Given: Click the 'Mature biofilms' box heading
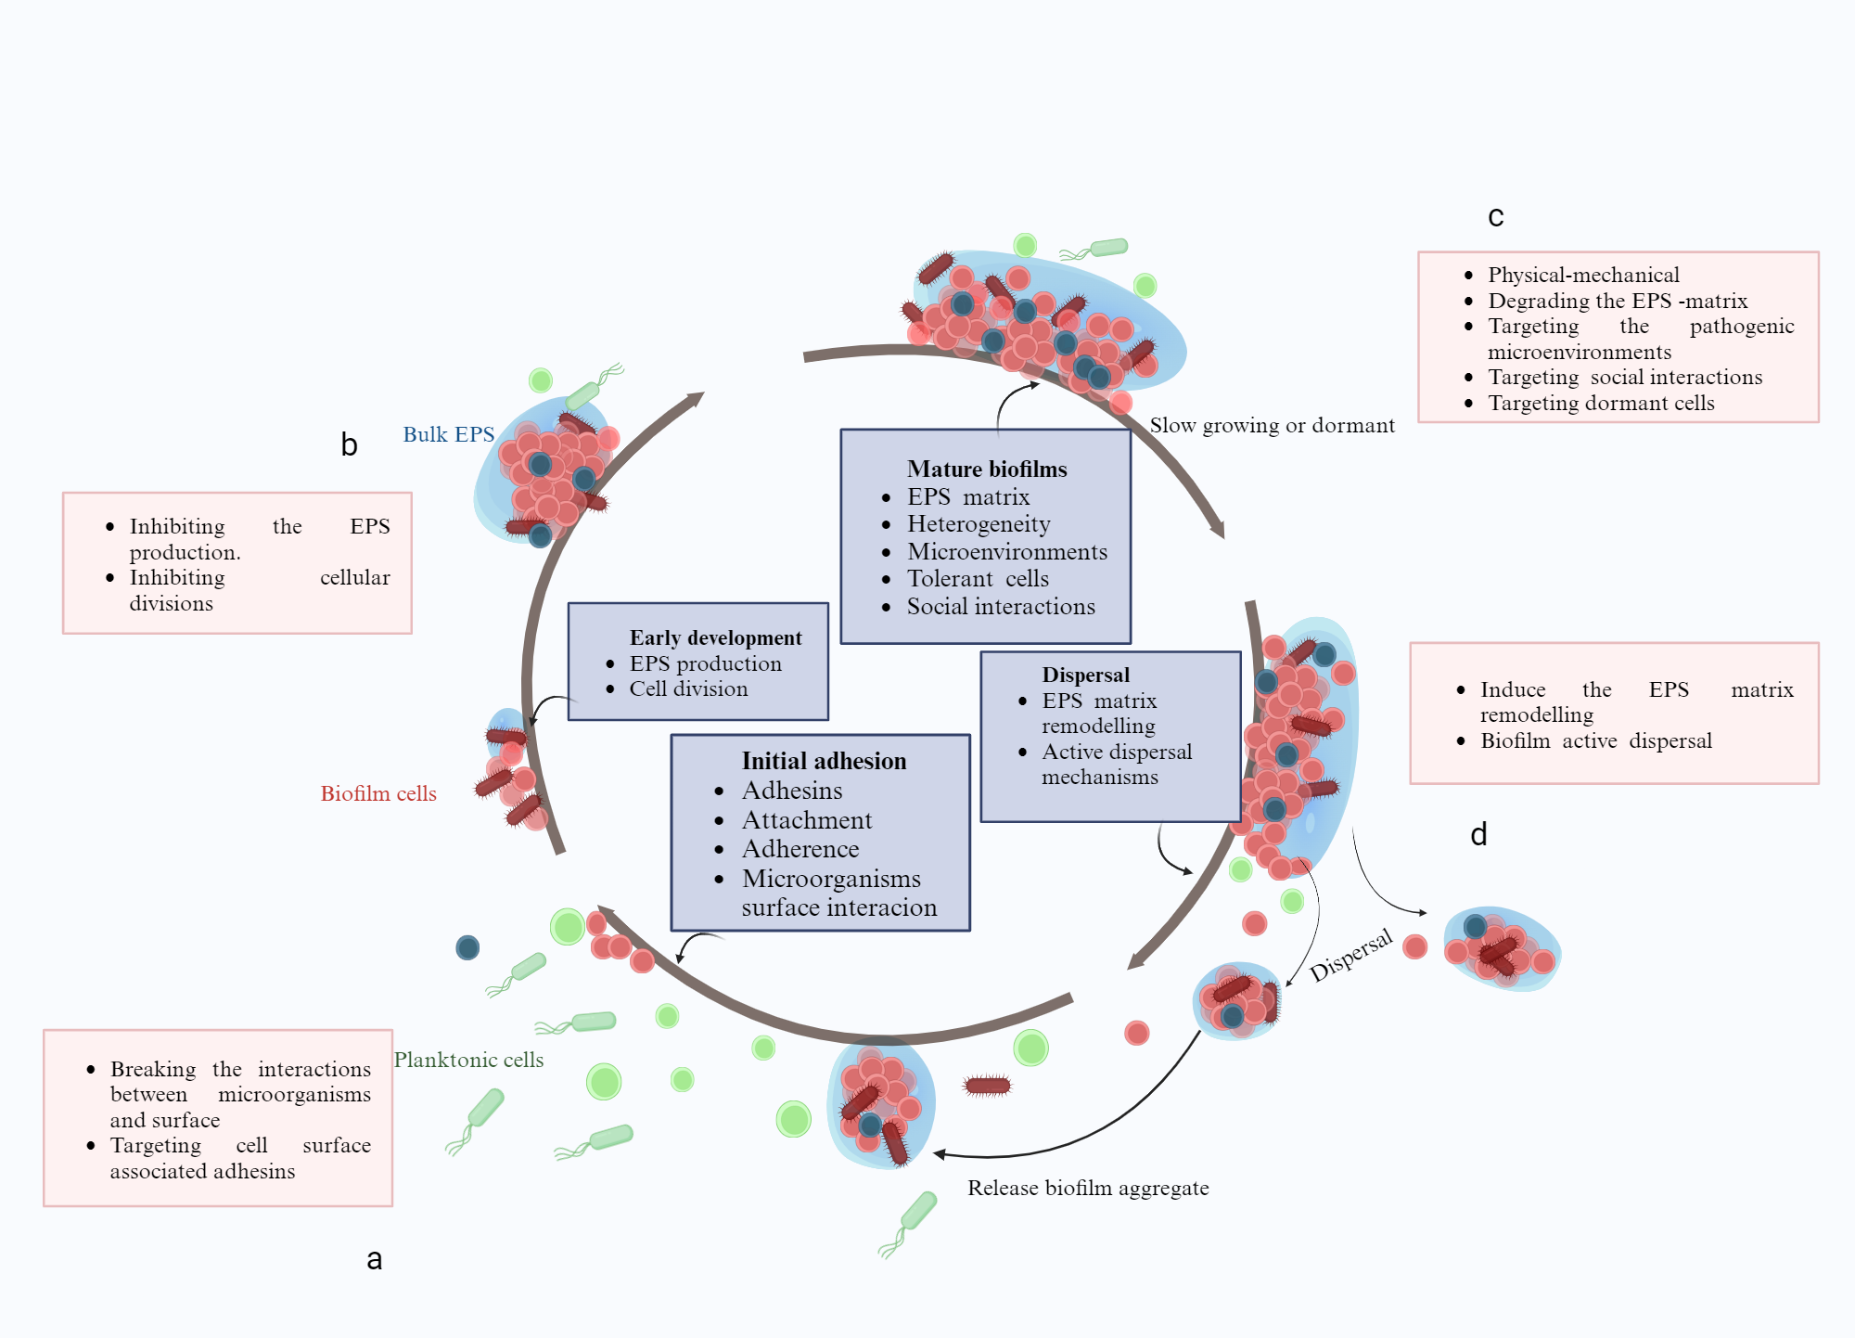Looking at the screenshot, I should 987,470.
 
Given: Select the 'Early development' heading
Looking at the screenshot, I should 715,637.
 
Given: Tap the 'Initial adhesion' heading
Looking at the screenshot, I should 824,761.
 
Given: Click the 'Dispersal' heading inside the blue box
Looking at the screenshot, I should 1085,675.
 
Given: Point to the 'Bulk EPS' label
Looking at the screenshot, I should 448,434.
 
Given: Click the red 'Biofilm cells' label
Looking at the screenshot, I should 378,793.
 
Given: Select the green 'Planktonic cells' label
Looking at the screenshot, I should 468,1060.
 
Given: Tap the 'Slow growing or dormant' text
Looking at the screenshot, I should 1272,425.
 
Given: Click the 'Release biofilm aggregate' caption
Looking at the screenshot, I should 1088,1188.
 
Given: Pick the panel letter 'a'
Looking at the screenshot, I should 374,1259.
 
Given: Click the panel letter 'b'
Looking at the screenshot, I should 349,444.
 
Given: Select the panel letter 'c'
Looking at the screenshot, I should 1495,216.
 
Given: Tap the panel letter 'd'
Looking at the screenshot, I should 1478,834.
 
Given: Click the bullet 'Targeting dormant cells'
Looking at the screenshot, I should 1601,403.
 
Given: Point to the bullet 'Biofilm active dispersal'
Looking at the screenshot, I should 1595,740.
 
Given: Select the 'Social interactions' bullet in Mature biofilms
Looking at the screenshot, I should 1000,607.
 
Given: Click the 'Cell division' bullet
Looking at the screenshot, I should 688,688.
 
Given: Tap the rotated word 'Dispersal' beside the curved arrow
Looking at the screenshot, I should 1350,955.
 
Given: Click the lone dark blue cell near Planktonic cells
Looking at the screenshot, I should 467,947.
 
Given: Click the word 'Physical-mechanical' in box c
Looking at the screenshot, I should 1583,275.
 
